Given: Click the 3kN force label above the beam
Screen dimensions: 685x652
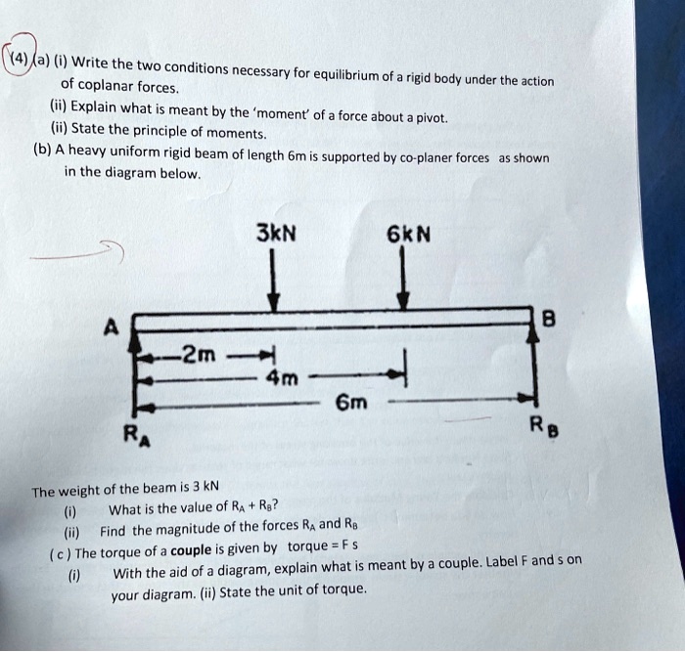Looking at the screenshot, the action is [276, 233].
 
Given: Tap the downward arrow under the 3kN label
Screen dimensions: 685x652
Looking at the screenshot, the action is [273, 281].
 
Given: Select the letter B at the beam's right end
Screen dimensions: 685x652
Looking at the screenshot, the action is [549, 319].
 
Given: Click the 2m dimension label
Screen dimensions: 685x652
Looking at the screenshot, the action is [200, 355].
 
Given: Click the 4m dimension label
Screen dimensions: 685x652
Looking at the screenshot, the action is [283, 378].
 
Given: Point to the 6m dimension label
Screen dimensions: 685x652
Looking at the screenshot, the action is [351, 403].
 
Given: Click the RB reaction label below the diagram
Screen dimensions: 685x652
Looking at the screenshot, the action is [544, 426].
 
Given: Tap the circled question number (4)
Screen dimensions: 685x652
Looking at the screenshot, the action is [19, 58].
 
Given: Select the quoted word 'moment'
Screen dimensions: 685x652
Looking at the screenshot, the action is [282, 114].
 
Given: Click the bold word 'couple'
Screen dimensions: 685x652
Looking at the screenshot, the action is [191, 550].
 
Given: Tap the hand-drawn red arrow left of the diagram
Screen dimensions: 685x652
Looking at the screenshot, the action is [77, 252].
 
